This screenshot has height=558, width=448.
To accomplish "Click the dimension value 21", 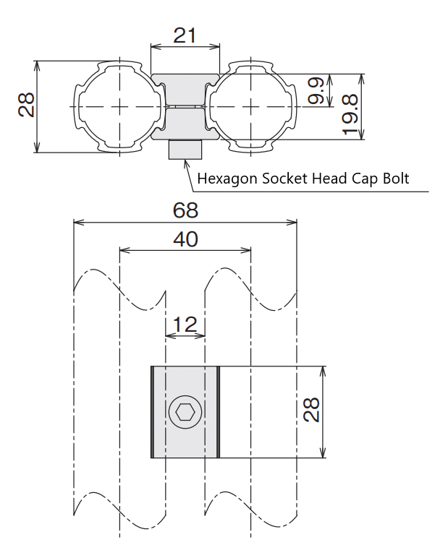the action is [x=185, y=35].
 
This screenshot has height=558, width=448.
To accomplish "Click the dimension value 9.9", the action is [x=316, y=90].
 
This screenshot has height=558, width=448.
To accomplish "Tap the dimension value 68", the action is [x=185, y=210].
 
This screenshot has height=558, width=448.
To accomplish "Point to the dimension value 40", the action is [x=185, y=239].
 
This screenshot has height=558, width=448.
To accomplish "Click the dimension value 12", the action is [x=185, y=325].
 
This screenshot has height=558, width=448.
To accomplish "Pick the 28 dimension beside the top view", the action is [x=26, y=105].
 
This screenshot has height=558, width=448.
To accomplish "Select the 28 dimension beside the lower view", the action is [x=311, y=410].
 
